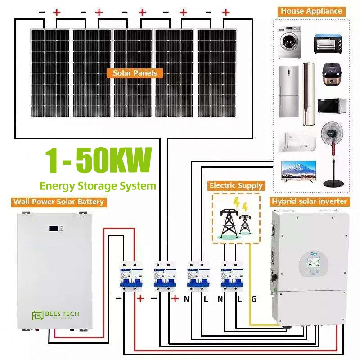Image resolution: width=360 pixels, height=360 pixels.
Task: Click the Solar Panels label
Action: pyautogui.click(x=135, y=73)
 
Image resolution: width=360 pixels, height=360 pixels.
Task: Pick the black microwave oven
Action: pyautogui.click(x=332, y=106)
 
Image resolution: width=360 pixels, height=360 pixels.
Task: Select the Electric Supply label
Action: pyautogui.click(x=236, y=185)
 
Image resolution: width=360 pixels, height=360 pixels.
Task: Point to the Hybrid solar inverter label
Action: pyautogui.click(x=309, y=201)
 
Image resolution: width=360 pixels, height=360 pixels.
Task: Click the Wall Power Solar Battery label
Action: pyautogui.click(x=59, y=202)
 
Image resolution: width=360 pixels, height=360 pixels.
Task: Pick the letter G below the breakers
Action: pyautogui.click(x=254, y=299)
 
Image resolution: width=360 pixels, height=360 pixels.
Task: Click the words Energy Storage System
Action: pyautogui.click(x=98, y=185)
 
